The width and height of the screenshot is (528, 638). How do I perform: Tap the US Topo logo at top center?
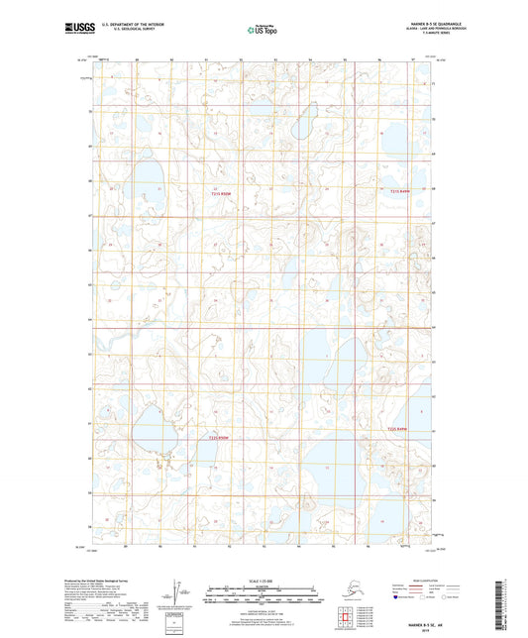pos(259,31)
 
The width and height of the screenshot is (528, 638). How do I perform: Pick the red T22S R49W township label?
pos(397,429)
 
